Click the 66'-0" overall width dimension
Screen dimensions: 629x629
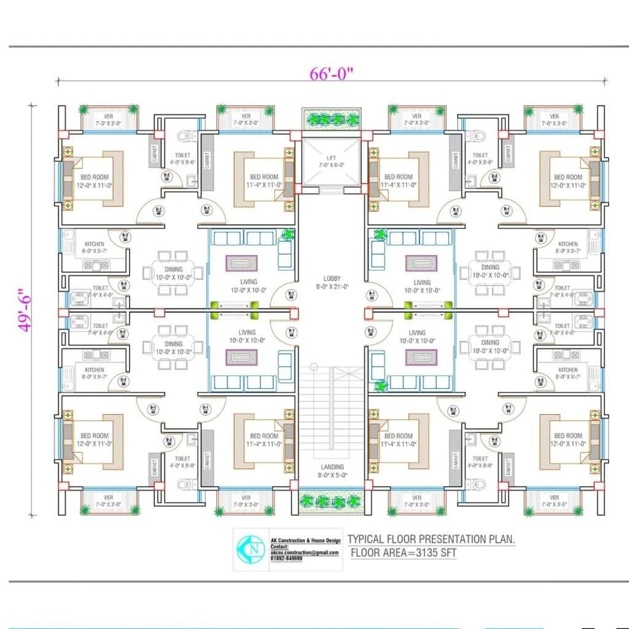point(332,74)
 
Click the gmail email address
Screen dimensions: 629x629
point(305,553)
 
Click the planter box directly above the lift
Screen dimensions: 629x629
point(331,119)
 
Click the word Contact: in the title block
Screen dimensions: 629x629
point(279,546)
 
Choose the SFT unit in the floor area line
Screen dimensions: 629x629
point(447,553)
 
